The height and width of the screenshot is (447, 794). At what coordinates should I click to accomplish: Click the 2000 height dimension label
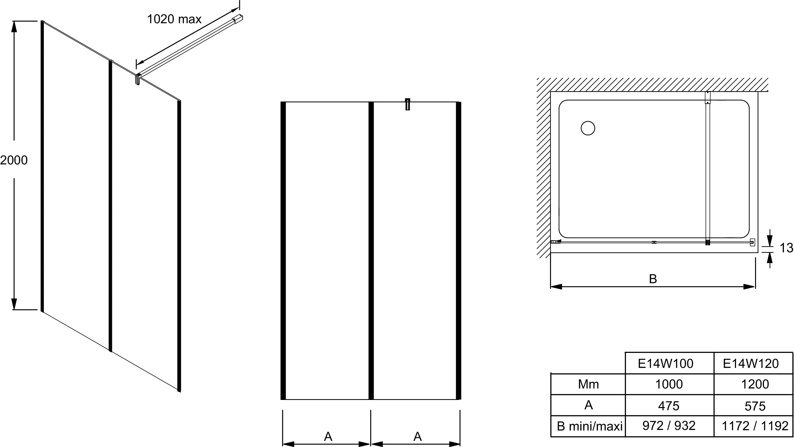pos(14,160)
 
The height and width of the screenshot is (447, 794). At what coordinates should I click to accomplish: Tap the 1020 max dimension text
pos(174,19)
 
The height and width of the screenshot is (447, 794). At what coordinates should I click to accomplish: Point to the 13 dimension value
pos(786,248)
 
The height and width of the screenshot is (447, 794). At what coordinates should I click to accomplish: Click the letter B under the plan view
pos(653,279)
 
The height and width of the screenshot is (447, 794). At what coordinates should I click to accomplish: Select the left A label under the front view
pos(328,436)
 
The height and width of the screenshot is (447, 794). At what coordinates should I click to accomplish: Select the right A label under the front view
pos(417,436)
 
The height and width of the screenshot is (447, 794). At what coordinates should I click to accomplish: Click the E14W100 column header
pos(665,364)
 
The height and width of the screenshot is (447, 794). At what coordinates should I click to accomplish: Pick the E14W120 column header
pos(751,364)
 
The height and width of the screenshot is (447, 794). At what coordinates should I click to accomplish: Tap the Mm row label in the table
pos(588,384)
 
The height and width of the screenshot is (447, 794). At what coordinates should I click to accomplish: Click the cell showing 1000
pos(669,384)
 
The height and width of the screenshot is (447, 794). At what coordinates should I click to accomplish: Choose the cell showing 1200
pos(755,384)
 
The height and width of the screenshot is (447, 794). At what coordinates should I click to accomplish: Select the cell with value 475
pos(669,406)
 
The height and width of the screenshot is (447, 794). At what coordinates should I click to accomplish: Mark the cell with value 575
pos(755,406)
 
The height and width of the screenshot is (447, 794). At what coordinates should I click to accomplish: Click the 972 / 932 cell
pos(669,426)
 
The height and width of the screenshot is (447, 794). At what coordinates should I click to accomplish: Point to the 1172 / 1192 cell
pos(755,426)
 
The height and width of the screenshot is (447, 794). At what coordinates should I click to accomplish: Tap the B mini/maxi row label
pos(590,426)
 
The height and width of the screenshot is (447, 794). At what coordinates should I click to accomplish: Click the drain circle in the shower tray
pos(588,129)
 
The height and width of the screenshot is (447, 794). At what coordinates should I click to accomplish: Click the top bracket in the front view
pos(408,104)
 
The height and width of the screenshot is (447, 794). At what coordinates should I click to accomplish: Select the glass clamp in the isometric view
pos(137,79)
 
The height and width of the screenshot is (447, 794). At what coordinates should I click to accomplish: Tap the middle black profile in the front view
pos(371,250)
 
